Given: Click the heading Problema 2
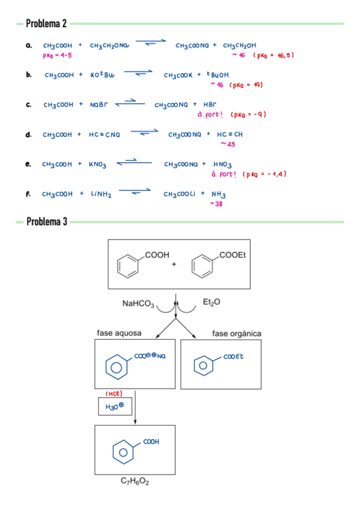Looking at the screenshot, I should [46, 24].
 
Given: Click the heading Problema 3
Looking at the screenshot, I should [46, 222].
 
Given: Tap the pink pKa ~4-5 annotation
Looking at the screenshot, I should [58, 55].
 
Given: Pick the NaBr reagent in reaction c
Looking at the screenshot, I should [98, 105].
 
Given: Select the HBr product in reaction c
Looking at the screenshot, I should [211, 105].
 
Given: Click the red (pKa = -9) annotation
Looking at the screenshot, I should [248, 114].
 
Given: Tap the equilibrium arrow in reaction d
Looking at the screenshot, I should [144, 133].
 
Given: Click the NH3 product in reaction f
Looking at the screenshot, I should [219, 194].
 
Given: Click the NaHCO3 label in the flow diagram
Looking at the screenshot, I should [138, 304].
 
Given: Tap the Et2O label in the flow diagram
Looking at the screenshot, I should [212, 302].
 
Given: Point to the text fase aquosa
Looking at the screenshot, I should [119, 333].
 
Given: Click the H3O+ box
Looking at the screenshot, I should [115, 407].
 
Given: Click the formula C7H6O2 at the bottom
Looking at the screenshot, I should [135, 482].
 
